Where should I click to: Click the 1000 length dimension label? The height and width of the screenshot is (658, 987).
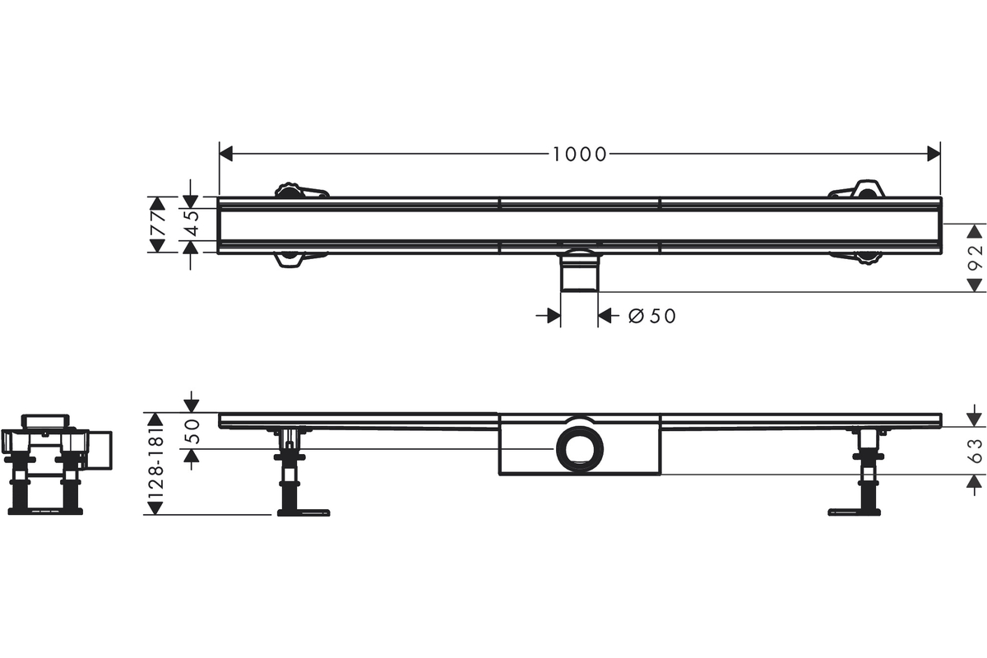[x=579, y=155]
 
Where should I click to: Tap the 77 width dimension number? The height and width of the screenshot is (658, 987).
[x=158, y=225]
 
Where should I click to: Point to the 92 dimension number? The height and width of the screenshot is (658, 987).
[x=975, y=257]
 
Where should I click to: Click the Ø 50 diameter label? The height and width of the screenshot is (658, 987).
[x=651, y=316]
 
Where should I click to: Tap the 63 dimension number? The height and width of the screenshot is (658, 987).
[x=975, y=451]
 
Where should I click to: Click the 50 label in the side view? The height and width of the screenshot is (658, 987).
[x=191, y=432]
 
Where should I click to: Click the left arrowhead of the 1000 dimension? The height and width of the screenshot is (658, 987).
[x=225, y=155]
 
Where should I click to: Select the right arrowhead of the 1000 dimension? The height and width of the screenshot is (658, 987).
[x=934, y=155]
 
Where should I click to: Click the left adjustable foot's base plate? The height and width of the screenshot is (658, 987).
[x=304, y=512]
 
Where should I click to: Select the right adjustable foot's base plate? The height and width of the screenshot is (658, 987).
[x=855, y=512]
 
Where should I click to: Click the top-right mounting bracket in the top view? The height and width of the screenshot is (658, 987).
[x=857, y=189]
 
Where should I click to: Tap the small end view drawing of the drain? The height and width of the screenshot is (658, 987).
[x=57, y=465]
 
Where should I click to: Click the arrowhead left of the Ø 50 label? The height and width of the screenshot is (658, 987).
[x=554, y=316]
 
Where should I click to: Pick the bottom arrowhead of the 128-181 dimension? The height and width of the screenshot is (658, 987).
[x=155, y=508]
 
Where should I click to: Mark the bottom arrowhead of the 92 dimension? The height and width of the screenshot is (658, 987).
[x=975, y=285]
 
